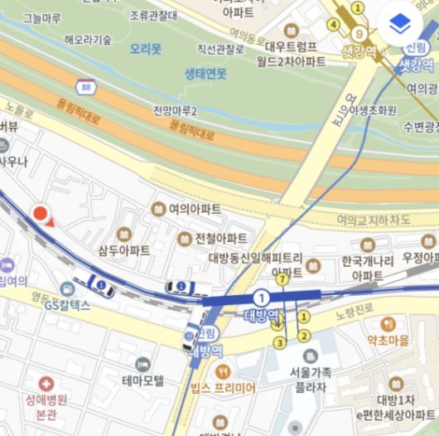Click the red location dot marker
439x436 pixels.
tap(39, 215)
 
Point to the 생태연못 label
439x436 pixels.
tap(205, 74)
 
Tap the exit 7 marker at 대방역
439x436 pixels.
tap(283, 279)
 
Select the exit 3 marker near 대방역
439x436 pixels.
tap(280, 342)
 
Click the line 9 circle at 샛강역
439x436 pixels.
tap(359, 34)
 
